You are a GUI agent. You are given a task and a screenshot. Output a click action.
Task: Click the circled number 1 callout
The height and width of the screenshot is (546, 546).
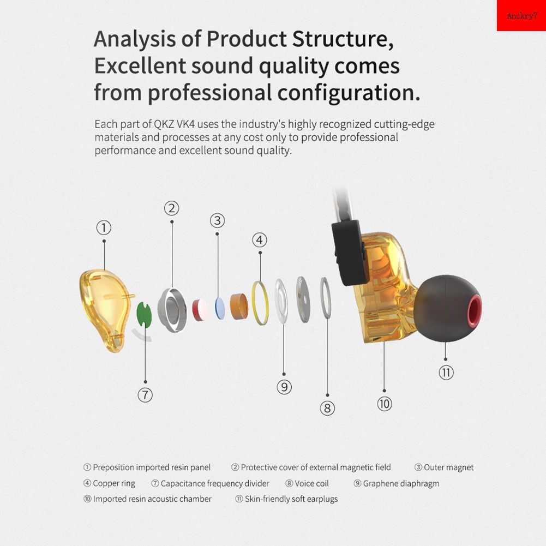(104, 228)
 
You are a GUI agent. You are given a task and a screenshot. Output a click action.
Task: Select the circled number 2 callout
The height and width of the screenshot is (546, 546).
(172, 208)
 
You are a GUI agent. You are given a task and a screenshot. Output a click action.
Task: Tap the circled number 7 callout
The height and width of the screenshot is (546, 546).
(145, 395)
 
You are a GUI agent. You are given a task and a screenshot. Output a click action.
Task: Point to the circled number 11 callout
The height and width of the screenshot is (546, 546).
(446, 373)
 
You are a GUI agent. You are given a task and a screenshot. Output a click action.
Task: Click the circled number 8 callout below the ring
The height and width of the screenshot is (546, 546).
(327, 408)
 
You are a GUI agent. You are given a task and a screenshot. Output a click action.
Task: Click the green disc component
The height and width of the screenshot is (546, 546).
(144, 314)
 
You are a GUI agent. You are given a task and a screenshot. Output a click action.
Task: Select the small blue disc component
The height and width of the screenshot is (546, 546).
(220, 308)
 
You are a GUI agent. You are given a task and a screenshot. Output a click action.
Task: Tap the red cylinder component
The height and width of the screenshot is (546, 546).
(200, 310)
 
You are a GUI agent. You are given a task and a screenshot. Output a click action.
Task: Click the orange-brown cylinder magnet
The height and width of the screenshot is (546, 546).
(239, 307)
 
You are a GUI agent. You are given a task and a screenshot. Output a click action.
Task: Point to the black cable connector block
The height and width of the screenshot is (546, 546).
(350, 253)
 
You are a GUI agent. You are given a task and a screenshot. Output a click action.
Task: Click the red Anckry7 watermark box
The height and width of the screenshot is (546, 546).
(521, 15)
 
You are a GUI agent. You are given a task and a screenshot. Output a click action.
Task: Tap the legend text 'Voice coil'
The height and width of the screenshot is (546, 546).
(311, 483)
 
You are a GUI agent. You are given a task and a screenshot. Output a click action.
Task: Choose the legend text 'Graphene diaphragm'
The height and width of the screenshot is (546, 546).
(401, 483)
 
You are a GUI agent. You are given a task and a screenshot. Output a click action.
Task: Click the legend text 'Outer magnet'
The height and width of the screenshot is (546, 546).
(449, 467)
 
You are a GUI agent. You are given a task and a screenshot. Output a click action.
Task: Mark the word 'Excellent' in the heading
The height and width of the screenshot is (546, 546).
(140, 66)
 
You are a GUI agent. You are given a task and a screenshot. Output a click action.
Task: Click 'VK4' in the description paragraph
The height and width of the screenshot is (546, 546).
(185, 124)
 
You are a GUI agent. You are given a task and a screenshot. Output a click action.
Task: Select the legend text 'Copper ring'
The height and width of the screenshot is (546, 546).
(114, 483)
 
